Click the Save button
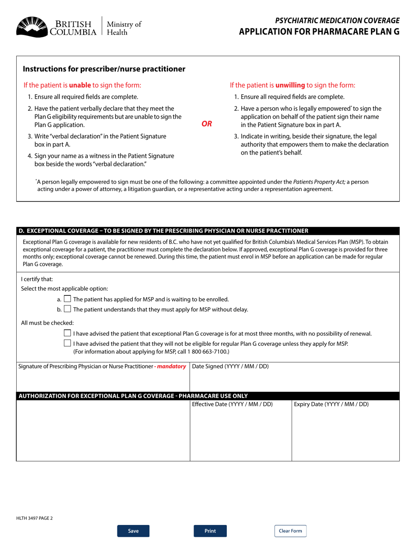[x=133, y=531]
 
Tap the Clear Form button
[x=290, y=531]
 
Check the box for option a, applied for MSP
[x=67, y=299]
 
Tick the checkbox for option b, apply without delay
[x=67, y=309]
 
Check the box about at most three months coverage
[x=67, y=333]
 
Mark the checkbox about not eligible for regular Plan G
[x=67, y=343]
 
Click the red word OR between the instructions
[x=207, y=124]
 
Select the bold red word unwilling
[x=290, y=85]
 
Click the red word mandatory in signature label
[x=172, y=366]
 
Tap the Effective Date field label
[x=232, y=404]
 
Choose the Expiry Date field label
[x=331, y=404]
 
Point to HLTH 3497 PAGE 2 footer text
[x=35, y=518]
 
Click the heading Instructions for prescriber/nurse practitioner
[x=104, y=69]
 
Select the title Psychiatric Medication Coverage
[x=337, y=20]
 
